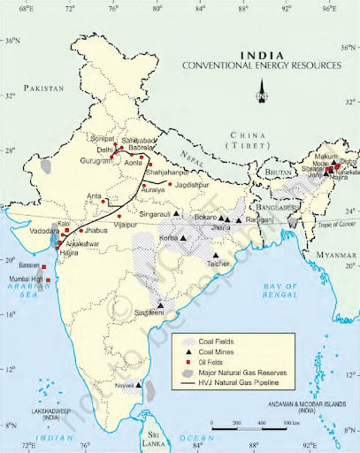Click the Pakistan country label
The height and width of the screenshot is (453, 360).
[45, 89]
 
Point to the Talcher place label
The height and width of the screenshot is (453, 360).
[218, 264]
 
